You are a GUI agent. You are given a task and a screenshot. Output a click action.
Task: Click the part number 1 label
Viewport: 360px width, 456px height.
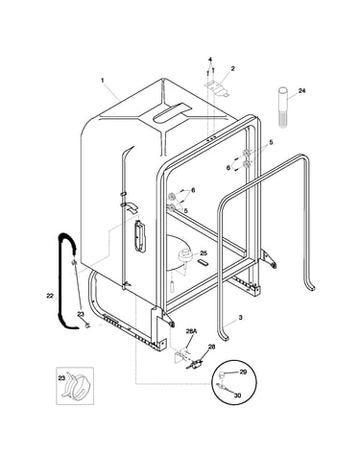click(103, 81)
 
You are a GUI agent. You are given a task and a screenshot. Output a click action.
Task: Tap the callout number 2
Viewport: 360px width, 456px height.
click(232, 68)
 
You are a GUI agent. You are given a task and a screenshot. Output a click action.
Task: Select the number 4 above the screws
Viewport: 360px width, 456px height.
click(210, 60)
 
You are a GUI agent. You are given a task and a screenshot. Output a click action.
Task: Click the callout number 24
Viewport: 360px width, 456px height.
click(301, 91)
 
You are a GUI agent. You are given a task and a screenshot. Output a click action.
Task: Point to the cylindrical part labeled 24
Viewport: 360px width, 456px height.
click(282, 108)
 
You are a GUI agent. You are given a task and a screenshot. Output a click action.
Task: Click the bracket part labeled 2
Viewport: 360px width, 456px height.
click(216, 88)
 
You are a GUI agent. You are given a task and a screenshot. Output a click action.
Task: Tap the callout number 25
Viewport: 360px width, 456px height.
click(204, 253)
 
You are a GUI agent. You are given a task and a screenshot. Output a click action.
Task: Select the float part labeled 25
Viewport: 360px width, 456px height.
click(184, 255)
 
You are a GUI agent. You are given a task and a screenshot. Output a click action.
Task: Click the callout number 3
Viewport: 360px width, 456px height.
click(240, 318)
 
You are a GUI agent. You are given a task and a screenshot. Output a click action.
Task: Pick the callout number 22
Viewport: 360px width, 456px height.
click(50, 297)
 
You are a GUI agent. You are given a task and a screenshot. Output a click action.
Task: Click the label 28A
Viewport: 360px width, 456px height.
click(191, 332)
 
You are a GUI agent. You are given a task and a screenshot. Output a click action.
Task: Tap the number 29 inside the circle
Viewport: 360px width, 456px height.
click(243, 372)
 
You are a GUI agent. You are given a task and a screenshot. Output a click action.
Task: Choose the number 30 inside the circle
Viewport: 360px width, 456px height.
click(237, 396)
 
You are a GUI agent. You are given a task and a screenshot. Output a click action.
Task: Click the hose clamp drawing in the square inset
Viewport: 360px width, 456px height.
click(77, 386)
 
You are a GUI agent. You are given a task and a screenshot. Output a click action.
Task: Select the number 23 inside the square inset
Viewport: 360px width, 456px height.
click(61, 378)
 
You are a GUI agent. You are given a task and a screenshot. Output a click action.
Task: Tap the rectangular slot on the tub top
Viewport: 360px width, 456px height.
click(171, 113)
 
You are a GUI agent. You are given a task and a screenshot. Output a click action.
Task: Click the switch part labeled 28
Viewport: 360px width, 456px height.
click(195, 364)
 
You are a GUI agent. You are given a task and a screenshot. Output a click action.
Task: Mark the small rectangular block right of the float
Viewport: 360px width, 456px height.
click(204, 262)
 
